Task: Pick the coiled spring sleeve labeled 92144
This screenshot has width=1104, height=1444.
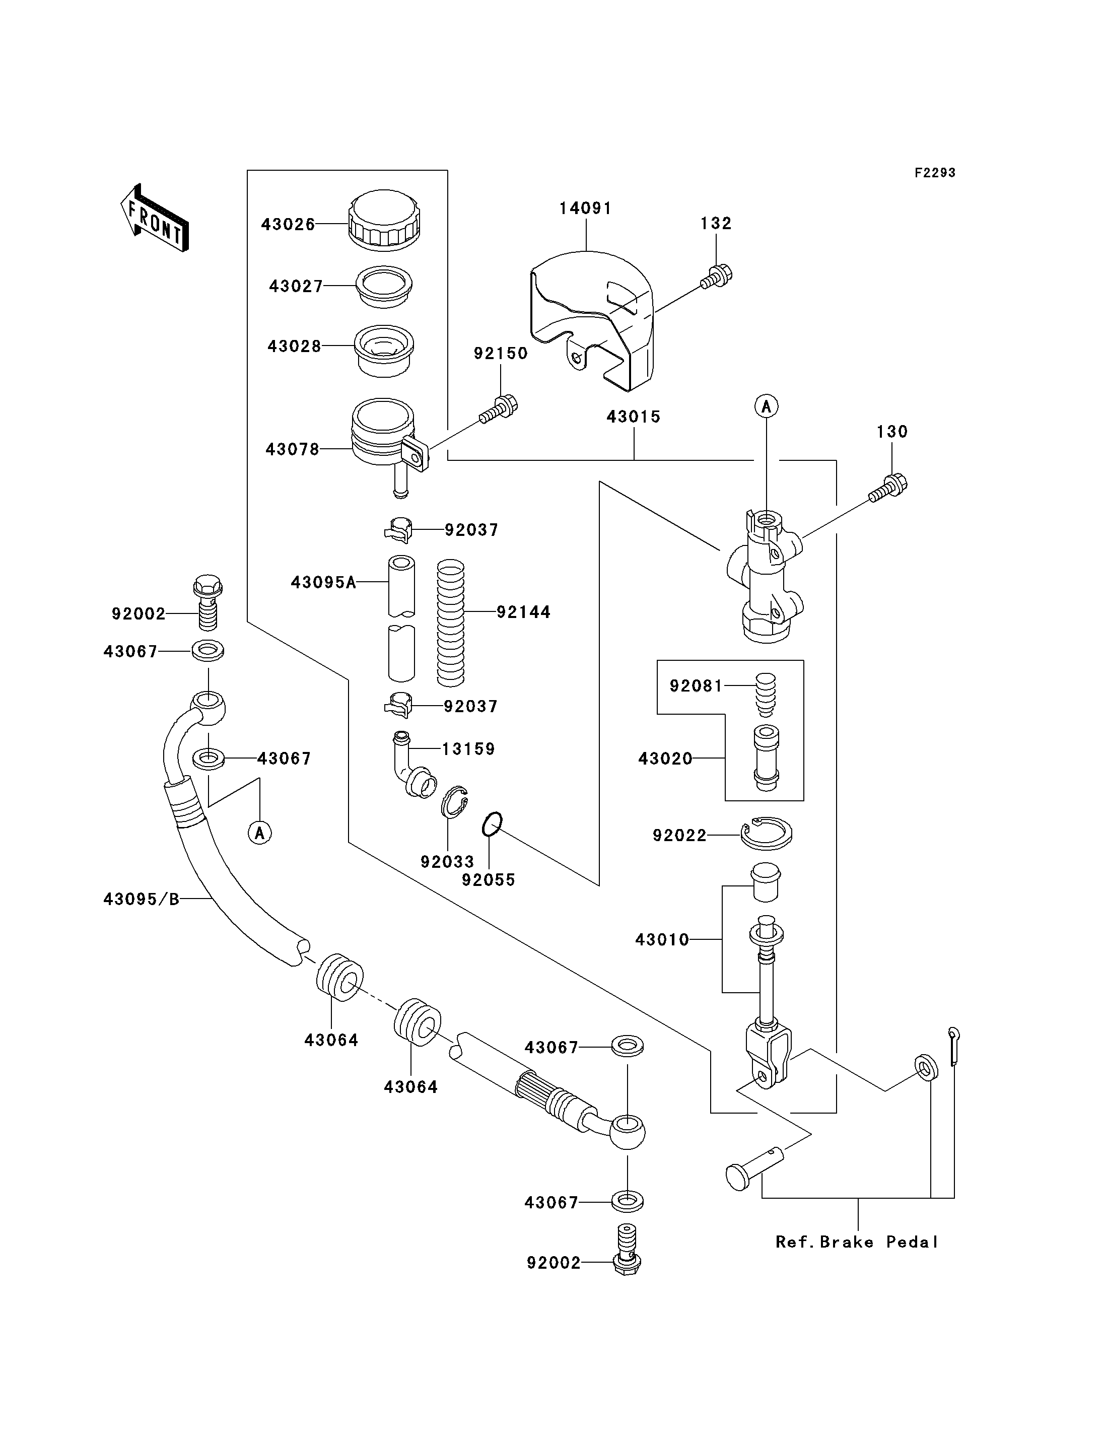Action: point(451,622)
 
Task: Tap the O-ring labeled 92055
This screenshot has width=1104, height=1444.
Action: point(492,825)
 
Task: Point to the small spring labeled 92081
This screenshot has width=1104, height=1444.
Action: point(766,694)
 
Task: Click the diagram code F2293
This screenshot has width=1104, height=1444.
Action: point(935,173)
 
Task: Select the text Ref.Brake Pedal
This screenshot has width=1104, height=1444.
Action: point(857,1242)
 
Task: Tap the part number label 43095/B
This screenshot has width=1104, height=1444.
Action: point(142,899)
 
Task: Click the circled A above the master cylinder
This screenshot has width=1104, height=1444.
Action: point(766,407)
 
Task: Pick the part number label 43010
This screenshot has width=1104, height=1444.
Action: point(662,940)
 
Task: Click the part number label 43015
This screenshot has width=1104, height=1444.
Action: point(634,417)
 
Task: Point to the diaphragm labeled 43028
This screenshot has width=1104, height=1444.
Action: point(384,351)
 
